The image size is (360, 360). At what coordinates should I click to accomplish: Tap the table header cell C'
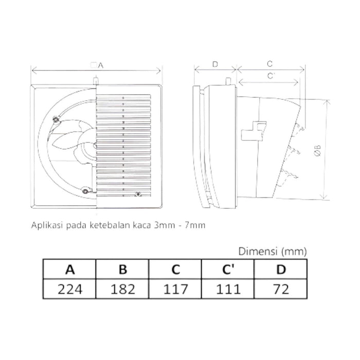pyautogui.click(x=227, y=269)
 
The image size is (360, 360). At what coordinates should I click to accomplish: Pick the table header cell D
pyautogui.click(x=280, y=269)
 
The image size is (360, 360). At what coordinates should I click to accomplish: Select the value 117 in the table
pyautogui.click(x=175, y=288)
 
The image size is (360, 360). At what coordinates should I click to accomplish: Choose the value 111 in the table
pyautogui.click(x=227, y=288)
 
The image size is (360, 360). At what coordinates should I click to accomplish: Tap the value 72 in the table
pyautogui.click(x=280, y=288)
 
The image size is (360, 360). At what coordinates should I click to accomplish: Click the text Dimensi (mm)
pyautogui.click(x=273, y=251)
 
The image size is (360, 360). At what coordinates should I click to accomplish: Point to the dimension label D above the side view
pyautogui.click(x=215, y=64)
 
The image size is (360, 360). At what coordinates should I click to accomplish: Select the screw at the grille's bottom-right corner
pyautogui.click(x=137, y=194)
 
